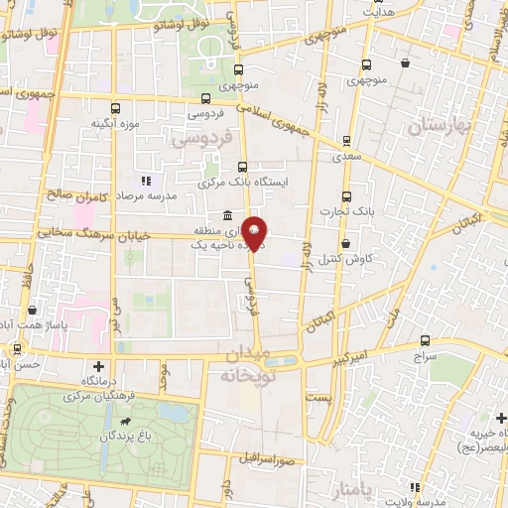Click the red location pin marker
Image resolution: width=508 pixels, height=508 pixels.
click(255, 232)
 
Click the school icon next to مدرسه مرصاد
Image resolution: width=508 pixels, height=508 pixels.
click(147, 181)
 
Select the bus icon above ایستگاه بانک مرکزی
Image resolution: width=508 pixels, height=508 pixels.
click(242, 168)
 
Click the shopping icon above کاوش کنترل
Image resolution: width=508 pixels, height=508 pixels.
click(345, 243)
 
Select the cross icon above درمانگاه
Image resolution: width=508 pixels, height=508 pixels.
click(97, 365)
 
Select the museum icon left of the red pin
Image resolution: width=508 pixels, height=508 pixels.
click(228, 216)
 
